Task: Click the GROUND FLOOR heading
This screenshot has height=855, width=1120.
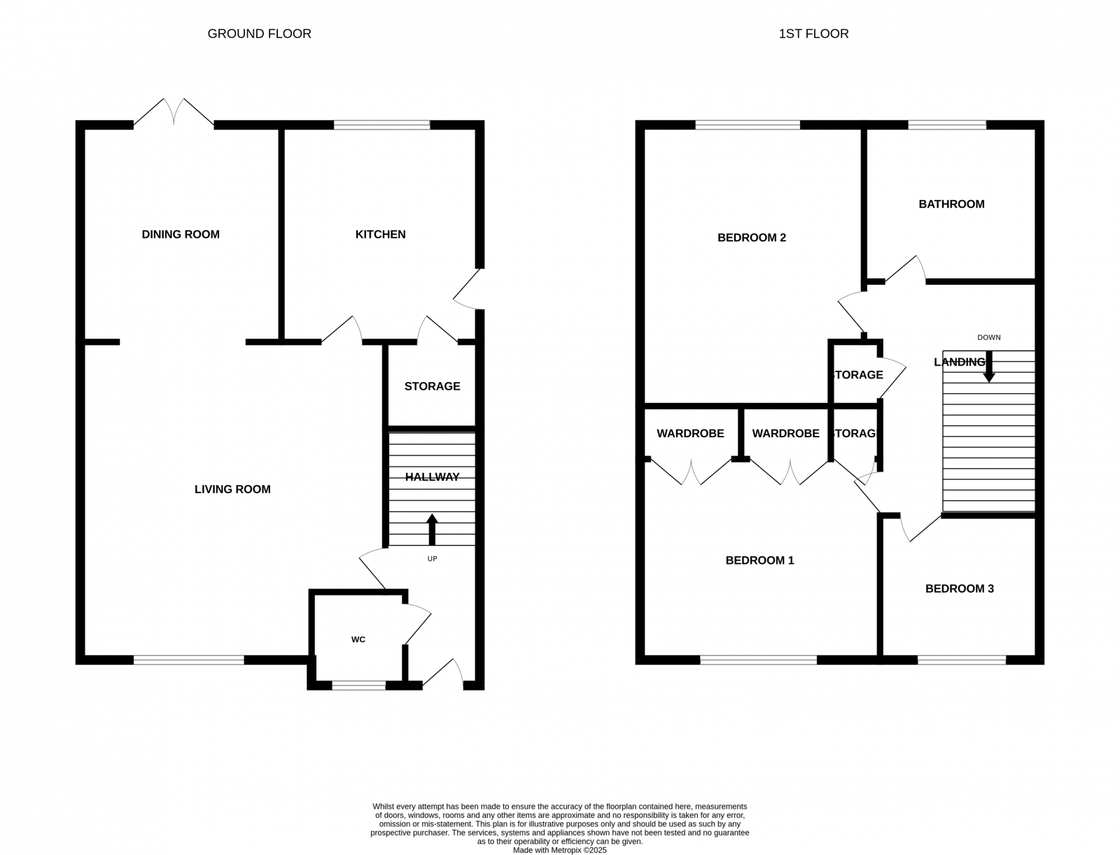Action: pos(259,34)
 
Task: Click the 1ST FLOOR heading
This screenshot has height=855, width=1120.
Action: pos(813,34)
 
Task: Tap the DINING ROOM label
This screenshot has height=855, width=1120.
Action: pos(181,234)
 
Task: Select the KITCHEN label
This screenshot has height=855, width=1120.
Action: pos(380,234)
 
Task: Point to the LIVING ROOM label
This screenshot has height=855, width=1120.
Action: pos(232,489)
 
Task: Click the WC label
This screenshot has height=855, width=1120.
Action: pos(358,640)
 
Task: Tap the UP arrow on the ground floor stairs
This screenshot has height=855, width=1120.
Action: pos(432,530)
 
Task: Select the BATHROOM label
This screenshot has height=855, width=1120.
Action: pos(951,204)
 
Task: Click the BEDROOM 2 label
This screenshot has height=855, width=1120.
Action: pos(752,238)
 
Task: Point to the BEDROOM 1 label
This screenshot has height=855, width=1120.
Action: pos(759,560)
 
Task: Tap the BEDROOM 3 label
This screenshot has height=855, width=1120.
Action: pos(959,588)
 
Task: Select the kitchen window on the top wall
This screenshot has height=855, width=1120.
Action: pos(381,125)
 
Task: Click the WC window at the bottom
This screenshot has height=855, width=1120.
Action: pos(358,686)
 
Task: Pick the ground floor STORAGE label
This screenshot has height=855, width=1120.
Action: pos(432,386)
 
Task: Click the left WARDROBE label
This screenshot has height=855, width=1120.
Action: pos(690,434)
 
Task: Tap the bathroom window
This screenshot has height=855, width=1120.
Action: pos(947,125)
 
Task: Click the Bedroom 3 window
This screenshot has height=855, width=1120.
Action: pos(961,660)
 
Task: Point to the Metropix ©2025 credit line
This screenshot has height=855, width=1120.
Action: pos(559,851)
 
